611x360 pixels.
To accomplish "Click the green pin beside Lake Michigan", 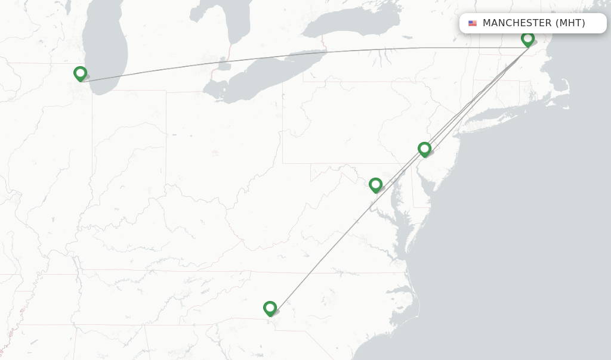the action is pos(80,74).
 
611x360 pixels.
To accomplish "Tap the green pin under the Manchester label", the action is pos(527,39).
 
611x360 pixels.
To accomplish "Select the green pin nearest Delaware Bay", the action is pos(424,149).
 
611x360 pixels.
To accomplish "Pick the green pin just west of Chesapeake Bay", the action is pos(375,185).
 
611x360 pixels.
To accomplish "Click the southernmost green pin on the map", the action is pos(270,308).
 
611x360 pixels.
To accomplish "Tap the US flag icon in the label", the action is pos(473,23).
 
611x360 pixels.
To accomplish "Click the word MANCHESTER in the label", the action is pos(517,23).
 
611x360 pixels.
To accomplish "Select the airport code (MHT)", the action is pos(570,23).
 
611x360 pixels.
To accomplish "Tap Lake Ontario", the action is pos(352,24).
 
